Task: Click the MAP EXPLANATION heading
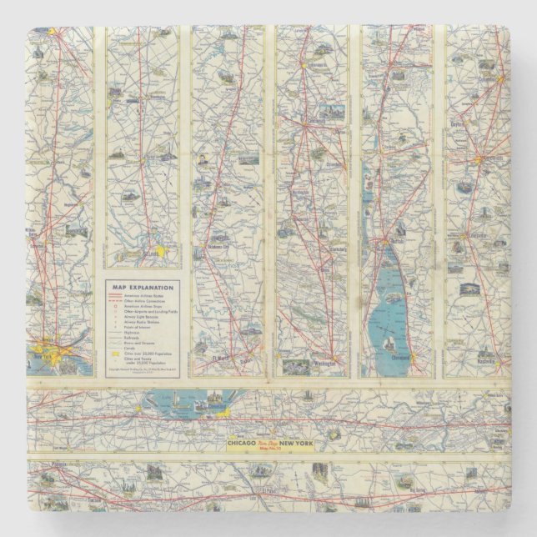tap(140, 286)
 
